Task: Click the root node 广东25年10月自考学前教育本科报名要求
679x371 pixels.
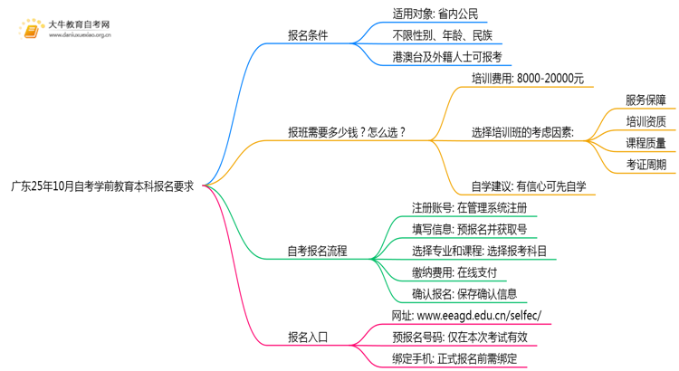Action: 102,186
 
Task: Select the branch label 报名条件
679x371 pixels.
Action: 308,36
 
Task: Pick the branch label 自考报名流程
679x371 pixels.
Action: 317,252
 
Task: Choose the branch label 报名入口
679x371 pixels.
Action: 308,338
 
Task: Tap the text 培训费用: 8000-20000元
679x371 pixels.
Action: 528,79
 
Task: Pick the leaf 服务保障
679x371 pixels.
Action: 646,100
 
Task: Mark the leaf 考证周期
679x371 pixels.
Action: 646,165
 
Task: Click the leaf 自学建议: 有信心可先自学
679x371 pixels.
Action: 529,186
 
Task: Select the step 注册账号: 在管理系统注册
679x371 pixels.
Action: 469,208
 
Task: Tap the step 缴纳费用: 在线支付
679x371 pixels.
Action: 454,272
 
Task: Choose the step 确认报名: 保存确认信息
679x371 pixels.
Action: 464,294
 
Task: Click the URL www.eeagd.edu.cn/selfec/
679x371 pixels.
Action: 479,316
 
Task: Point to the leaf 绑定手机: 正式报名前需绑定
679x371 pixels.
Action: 454,358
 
